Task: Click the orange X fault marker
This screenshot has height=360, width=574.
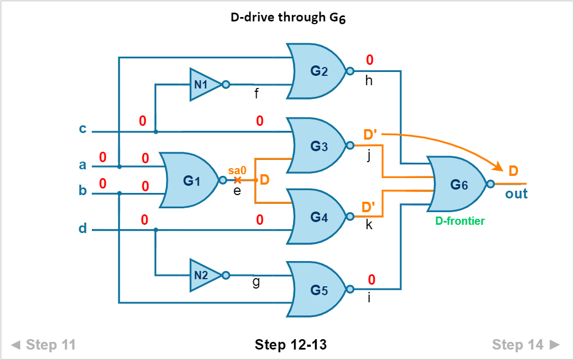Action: [237, 180]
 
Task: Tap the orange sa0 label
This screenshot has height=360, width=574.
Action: [237, 170]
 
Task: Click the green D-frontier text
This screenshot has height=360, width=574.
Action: [460, 220]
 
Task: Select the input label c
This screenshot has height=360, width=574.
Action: [82, 129]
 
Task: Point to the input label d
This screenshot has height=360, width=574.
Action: [82, 228]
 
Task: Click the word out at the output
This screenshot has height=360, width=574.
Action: [516, 193]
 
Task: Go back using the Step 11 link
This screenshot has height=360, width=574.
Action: [43, 344]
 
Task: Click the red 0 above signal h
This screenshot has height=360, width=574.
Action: [369, 60]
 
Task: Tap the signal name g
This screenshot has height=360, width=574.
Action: [256, 282]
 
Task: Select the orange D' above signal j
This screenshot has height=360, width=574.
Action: [369, 135]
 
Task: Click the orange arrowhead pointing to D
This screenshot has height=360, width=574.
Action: [499, 168]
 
